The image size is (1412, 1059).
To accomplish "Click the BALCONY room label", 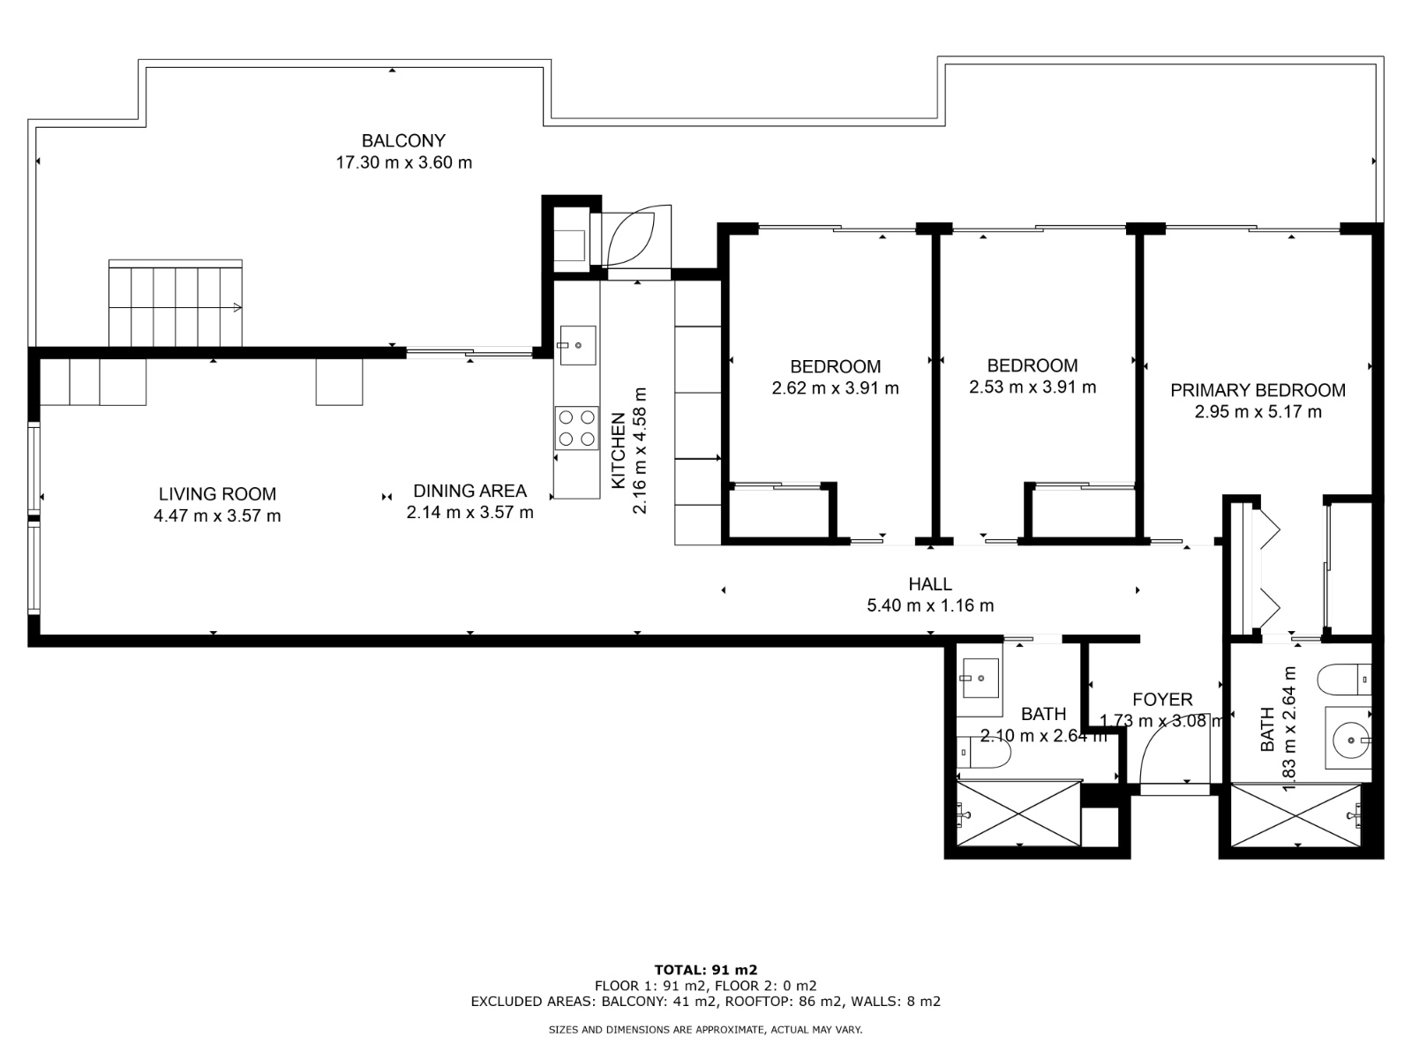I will point(403,140).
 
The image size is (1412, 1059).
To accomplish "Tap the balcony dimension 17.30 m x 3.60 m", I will point(403,162).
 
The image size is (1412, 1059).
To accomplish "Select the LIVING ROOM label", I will point(217,494).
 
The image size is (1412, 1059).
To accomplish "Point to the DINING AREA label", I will point(469,491).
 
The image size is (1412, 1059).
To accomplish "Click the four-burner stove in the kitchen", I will point(576,428).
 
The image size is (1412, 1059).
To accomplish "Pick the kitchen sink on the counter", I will point(577,345).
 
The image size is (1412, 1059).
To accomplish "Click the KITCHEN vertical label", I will point(619,450).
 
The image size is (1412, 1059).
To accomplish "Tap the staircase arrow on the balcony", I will point(237,307).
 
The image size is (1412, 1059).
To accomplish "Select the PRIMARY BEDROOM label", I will point(1258,390).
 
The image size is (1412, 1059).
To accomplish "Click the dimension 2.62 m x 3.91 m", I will point(835,388).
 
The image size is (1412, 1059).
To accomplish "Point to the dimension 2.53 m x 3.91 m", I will point(1033,387).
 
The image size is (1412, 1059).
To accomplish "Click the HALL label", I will point(930,583).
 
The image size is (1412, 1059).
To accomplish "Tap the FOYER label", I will point(1162,700).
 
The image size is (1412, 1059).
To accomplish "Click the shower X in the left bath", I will point(1019,813).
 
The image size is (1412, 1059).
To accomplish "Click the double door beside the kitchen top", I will point(629,236).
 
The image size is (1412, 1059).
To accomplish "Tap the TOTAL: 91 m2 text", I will point(705,970).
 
